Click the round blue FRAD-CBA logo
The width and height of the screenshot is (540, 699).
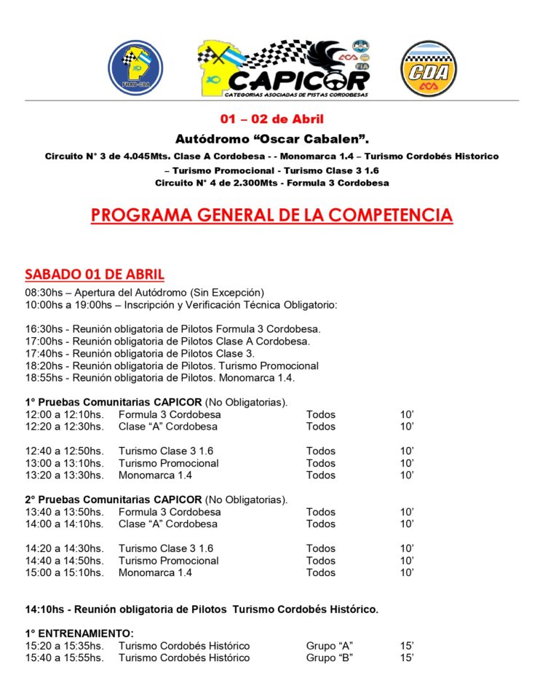[135, 68]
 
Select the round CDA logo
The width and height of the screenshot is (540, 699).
[429, 68]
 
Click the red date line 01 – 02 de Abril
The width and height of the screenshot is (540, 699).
[272, 119]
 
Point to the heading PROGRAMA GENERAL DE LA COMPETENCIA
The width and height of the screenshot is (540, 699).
[271, 216]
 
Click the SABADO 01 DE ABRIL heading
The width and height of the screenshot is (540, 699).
[95, 275]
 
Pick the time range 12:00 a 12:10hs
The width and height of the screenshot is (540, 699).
[64, 414]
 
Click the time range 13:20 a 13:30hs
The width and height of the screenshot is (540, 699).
[64, 475]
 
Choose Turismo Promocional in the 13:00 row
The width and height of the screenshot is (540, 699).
[169, 463]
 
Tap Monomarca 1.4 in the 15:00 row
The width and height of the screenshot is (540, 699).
[156, 573]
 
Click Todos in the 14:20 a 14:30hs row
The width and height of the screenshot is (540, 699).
[321, 548]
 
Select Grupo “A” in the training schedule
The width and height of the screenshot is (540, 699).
[330, 646]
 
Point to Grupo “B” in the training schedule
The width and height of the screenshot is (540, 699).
[330, 658]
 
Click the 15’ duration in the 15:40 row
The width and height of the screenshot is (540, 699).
[407, 658]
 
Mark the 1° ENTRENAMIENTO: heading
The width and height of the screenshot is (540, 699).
[79, 633]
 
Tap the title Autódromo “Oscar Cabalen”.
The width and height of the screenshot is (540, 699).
[272, 138]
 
